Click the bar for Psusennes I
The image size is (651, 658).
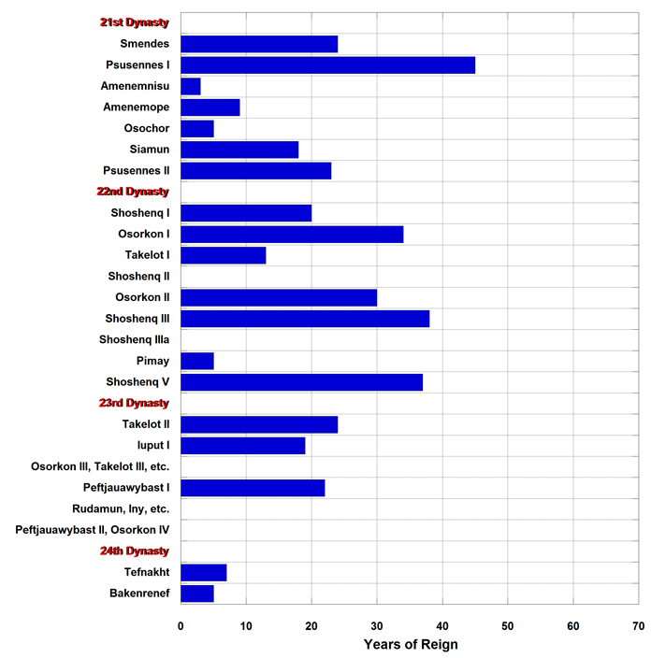(328, 65)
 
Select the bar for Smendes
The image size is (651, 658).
(259, 44)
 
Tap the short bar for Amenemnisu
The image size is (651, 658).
(191, 86)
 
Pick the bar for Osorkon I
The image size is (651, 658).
(293, 235)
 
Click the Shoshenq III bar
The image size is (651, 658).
(305, 319)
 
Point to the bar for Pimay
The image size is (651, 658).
(197, 361)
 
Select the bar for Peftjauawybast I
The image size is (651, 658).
(253, 488)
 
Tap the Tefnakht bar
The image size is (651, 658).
(204, 572)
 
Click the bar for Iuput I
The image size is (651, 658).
(243, 446)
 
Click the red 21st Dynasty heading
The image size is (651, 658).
(135, 22)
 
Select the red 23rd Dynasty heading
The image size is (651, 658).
(134, 403)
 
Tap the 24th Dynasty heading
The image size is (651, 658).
(135, 551)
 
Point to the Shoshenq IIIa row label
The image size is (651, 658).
(134, 339)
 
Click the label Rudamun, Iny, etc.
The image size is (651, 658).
(121, 509)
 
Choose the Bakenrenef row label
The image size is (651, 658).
(140, 593)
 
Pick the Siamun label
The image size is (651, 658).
(150, 150)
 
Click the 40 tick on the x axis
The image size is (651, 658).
(442, 626)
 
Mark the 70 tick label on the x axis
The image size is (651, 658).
(639, 626)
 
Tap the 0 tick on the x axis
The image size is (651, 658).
(181, 626)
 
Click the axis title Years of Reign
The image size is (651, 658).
(411, 644)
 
